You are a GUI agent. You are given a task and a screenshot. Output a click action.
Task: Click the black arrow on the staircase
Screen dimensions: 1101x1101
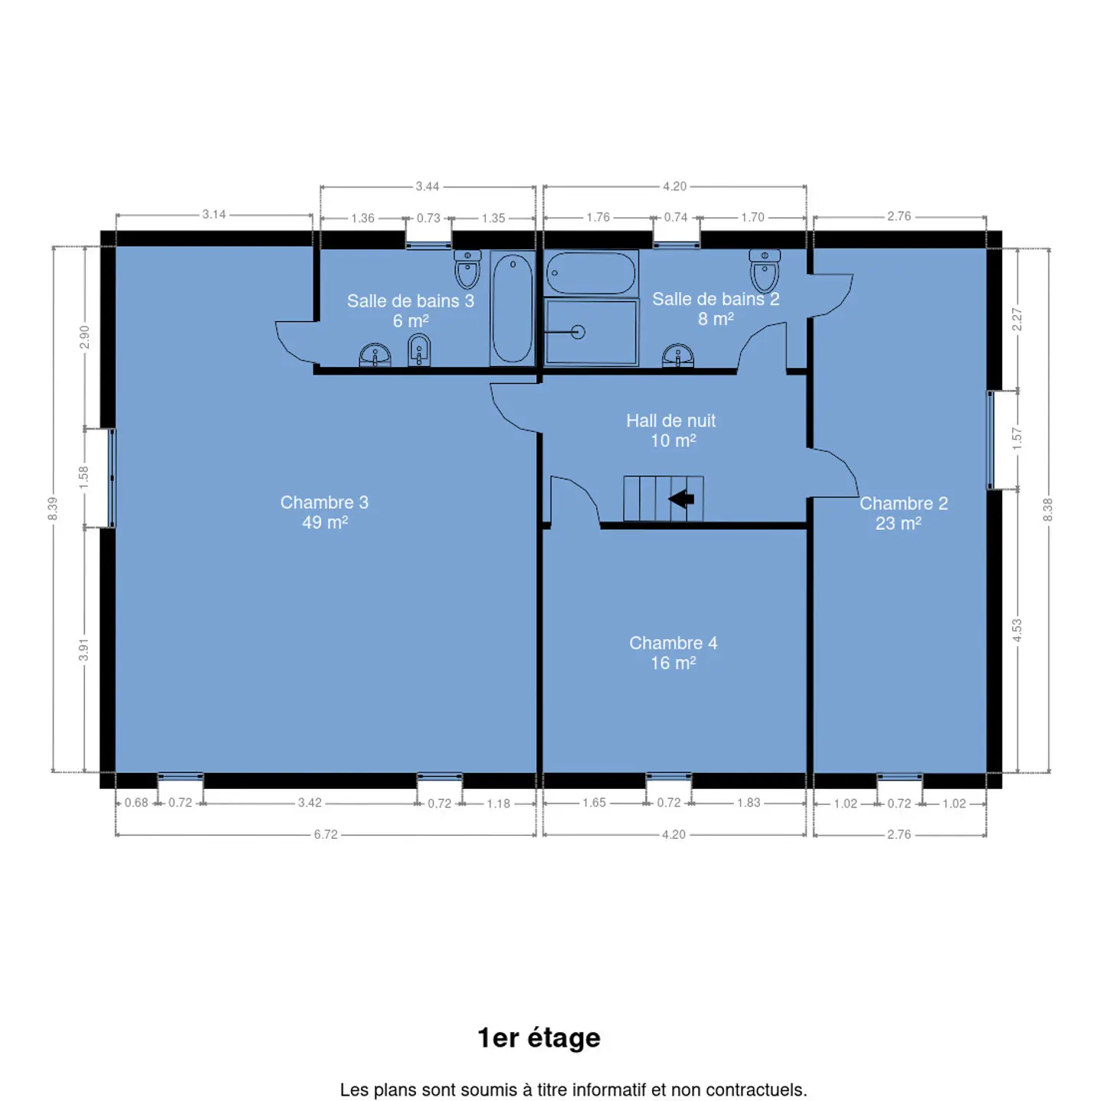(680, 499)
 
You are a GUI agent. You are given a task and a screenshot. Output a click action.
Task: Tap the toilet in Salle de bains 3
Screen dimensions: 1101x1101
(467, 269)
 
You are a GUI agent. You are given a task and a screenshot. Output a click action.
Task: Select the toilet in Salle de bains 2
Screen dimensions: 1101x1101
(764, 271)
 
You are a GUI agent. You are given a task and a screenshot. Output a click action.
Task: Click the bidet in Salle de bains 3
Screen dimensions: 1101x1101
(419, 349)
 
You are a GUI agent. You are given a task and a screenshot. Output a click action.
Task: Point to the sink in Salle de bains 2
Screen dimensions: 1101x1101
(677, 356)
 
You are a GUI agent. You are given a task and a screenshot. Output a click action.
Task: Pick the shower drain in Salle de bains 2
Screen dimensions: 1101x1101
(577, 332)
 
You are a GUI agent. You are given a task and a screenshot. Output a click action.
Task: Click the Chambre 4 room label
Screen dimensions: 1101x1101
(673, 643)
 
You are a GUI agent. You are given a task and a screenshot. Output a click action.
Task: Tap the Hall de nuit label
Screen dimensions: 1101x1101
(671, 421)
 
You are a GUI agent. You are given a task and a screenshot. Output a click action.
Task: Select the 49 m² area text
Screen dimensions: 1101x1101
(324, 522)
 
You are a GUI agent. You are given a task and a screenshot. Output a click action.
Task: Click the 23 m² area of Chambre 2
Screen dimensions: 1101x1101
(898, 524)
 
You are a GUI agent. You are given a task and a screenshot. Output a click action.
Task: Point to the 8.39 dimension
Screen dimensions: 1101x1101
(53, 508)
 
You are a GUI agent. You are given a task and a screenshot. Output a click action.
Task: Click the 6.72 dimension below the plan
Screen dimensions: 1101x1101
(326, 835)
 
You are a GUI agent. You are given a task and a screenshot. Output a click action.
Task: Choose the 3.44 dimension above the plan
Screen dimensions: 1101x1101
(427, 187)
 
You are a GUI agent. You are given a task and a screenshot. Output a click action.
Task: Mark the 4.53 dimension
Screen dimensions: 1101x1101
(1017, 629)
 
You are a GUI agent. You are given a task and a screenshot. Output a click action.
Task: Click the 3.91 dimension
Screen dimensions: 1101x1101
(84, 650)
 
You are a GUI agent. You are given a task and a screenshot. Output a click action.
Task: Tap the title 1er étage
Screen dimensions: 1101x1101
(539, 1038)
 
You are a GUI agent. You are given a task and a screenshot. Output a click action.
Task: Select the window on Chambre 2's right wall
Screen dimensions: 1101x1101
(990, 440)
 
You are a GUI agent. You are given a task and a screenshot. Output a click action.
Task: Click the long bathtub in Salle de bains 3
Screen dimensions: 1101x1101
(512, 309)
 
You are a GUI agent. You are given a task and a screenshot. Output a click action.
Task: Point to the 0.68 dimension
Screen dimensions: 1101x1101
(136, 803)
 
